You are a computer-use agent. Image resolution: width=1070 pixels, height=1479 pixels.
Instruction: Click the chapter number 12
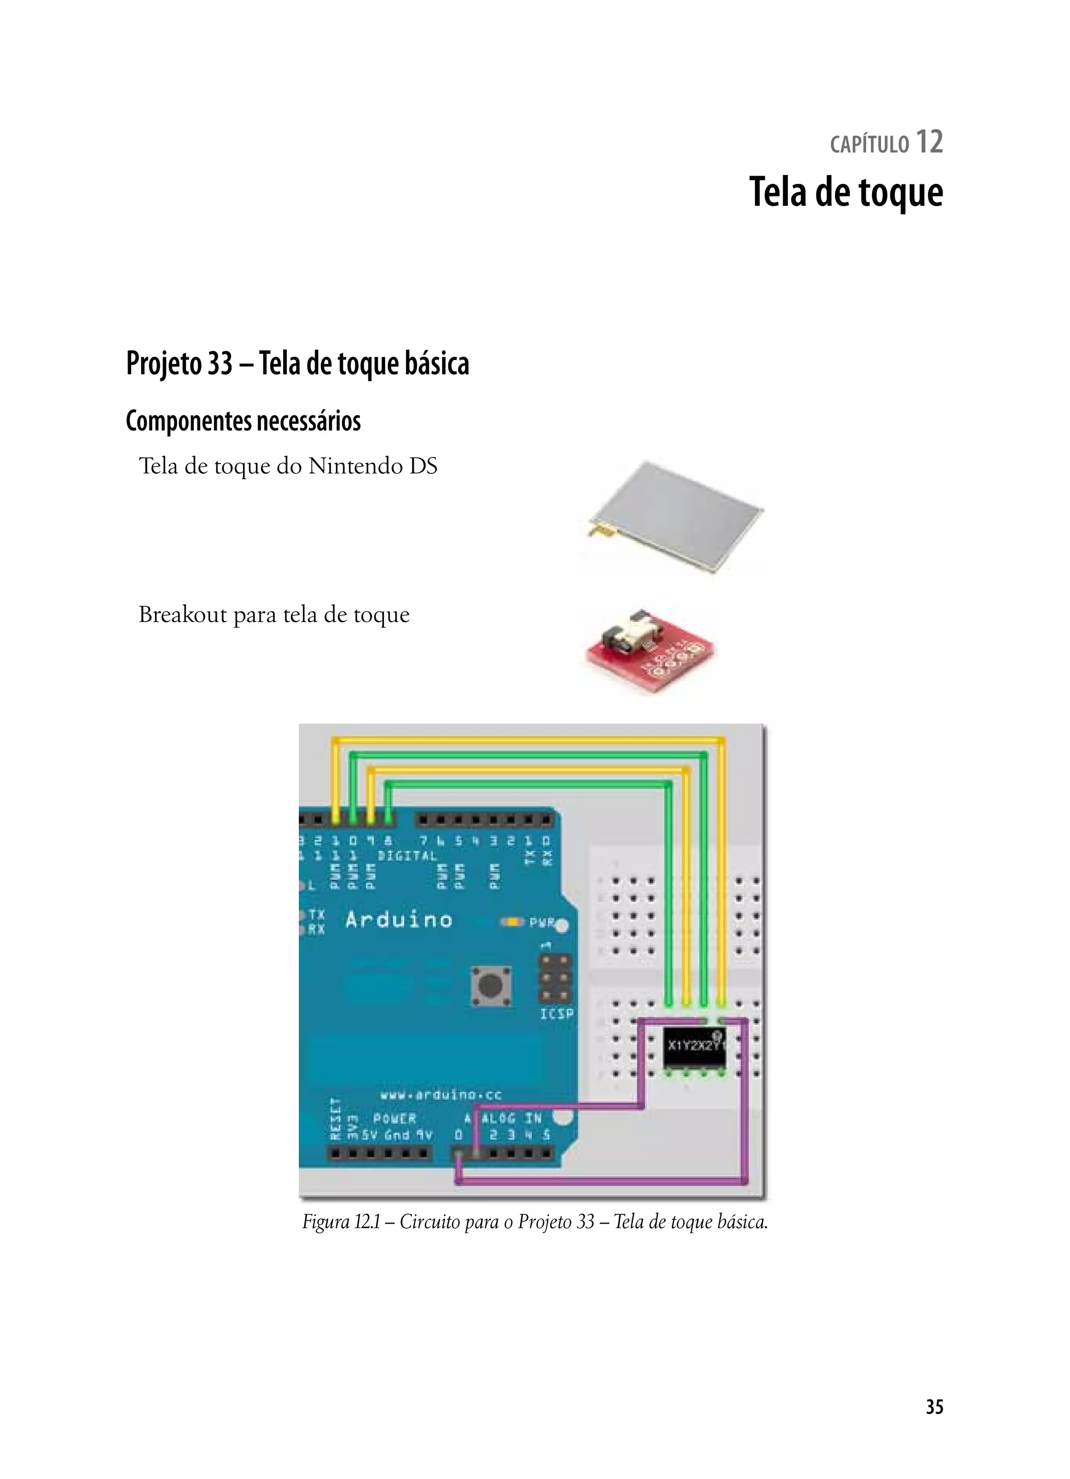[929, 142]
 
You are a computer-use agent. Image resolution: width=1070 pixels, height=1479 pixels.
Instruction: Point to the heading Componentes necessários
[243, 421]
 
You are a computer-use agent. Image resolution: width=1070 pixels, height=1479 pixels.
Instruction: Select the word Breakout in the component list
[182, 614]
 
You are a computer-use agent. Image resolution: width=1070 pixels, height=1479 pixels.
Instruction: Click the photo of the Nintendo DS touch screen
[675, 518]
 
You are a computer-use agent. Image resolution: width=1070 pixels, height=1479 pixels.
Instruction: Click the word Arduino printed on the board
[399, 920]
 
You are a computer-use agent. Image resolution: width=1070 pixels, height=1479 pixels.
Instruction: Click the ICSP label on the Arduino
[556, 1014]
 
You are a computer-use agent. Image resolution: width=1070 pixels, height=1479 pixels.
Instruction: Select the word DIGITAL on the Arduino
[407, 856]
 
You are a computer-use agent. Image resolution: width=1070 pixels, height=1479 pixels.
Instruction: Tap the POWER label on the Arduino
[394, 1119]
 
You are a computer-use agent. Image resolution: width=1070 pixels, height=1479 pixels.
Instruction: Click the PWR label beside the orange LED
[542, 923]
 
